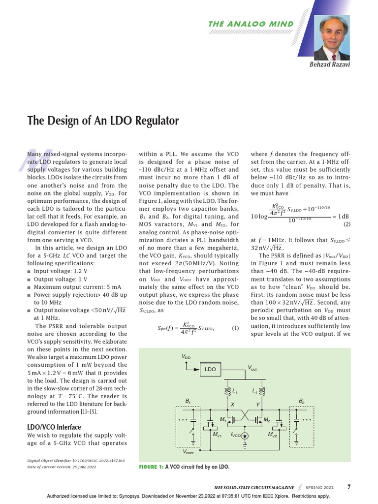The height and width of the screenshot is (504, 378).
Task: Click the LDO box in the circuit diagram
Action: click(x=211, y=369)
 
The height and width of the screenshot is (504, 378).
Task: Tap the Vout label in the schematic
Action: click(x=252, y=368)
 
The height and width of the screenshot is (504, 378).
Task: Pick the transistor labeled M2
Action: click(x=259, y=420)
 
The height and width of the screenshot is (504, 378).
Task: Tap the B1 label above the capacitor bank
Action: click(x=188, y=402)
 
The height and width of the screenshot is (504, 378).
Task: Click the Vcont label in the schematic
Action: click(x=188, y=452)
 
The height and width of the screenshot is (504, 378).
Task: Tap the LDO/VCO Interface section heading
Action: click(x=54, y=427)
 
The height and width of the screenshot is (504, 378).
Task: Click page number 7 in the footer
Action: click(x=348, y=487)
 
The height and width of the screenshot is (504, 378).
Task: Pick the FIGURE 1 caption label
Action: click(x=152, y=466)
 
